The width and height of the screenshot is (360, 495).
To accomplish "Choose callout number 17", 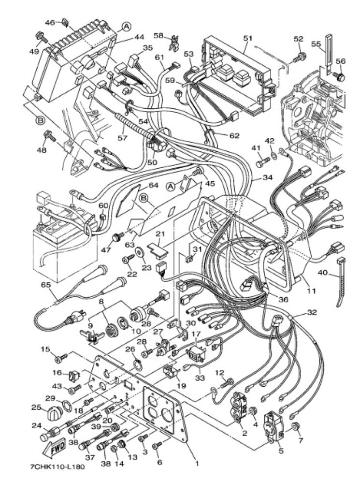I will click(x=196, y=334).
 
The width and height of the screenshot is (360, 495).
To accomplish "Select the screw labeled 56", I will click(x=340, y=76).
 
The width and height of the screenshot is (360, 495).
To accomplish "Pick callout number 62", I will click(x=234, y=136).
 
